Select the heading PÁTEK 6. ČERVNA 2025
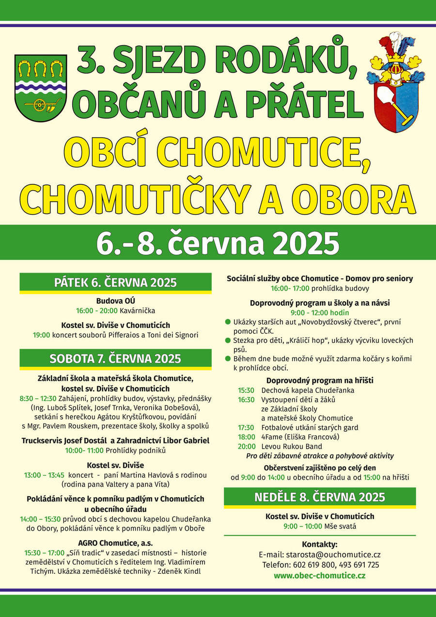pos(115,283)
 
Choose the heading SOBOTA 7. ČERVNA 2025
pos(115,359)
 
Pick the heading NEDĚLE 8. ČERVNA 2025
pos(320,497)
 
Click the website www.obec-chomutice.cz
pos(320,575)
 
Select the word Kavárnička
pos(139,310)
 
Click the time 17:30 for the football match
pos(246,427)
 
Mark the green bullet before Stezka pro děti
pos(228,341)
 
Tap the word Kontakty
pos(320,544)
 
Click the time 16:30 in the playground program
pos(246,400)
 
